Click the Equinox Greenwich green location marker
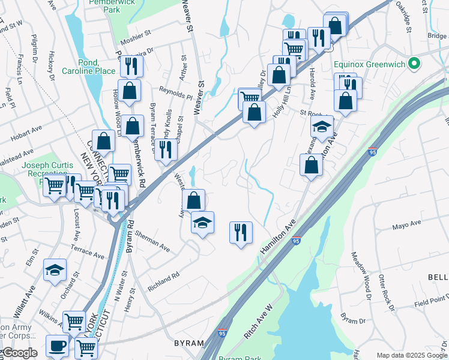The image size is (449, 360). point(413,63)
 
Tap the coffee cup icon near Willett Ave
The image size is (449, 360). point(57,346)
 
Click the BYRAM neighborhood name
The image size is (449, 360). point(189,343)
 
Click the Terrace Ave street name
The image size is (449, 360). point(88,250)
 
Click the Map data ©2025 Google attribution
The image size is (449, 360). point(412,355)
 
